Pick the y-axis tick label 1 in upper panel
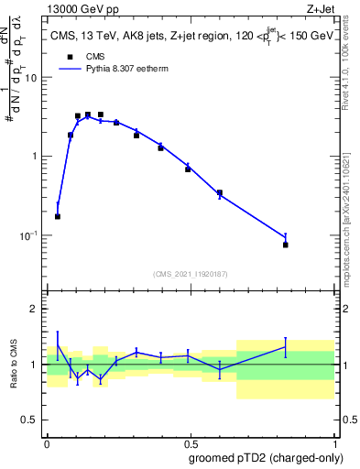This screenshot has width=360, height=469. pos(34,157)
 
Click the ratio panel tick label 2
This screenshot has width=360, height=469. pos(34,309)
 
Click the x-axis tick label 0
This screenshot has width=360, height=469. pos(47,443)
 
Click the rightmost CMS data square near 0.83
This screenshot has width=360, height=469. pos(286,245)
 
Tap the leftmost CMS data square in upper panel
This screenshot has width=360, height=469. pos(58,217)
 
